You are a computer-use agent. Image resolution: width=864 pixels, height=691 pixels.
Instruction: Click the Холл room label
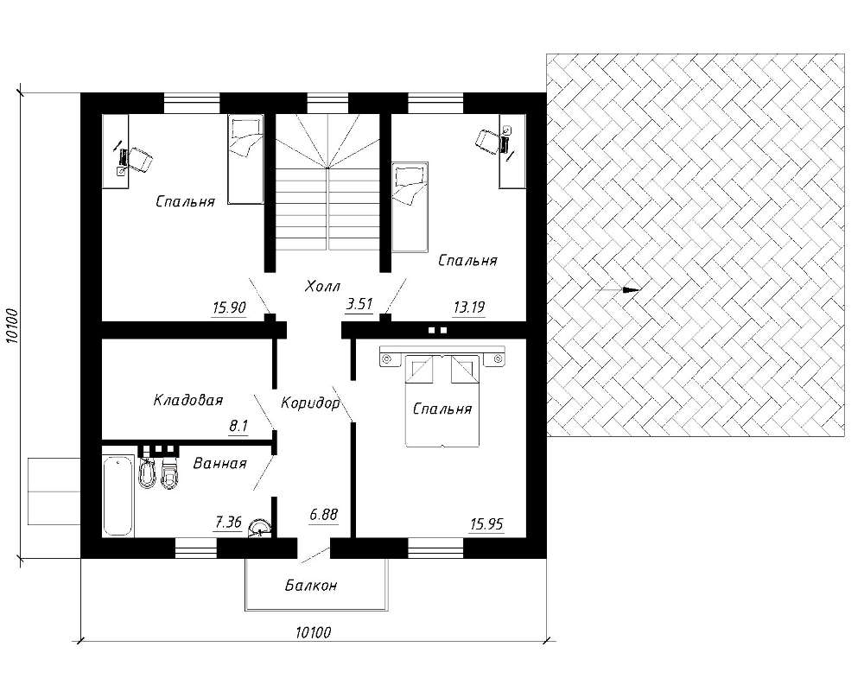click(322, 286)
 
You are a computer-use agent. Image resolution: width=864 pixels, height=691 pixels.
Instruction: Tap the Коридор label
click(310, 403)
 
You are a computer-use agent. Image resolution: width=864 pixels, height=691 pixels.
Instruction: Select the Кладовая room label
click(187, 400)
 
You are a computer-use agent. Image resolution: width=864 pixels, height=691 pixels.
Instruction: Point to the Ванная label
click(219, 464)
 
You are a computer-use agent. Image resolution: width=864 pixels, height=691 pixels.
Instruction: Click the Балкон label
click(311, 586)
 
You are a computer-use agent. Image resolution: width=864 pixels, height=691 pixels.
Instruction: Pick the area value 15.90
click(229, 307)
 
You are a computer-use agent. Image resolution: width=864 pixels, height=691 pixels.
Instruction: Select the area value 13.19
click(469, 307)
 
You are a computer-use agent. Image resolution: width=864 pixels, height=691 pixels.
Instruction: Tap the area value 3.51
click(359, 304)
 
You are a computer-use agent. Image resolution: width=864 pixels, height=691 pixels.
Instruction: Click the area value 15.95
click(486, 524)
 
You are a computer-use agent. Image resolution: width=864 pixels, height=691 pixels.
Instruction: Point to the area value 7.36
click(228, 522)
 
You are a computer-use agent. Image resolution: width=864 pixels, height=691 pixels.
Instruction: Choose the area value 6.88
click(323, 515)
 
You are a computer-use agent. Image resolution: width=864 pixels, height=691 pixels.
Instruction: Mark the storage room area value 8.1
click(238, 426)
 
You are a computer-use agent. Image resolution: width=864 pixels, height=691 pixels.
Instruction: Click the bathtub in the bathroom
click(118, 495)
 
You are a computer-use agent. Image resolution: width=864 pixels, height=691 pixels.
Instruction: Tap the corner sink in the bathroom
click(259, 528)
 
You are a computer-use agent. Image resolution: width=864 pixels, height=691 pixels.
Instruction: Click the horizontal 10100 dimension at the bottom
click(313, 632)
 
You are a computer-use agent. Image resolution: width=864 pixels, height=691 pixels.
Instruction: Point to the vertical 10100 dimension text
click(13, 325)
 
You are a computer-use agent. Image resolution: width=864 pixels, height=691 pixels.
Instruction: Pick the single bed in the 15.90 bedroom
click(245, 159)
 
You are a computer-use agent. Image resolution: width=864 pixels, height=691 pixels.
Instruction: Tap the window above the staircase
click(327, 103)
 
